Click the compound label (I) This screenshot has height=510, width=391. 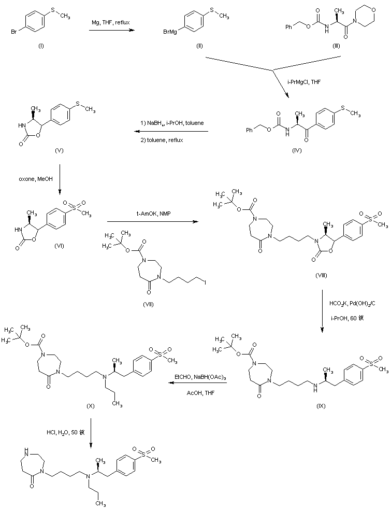tap(41, 46)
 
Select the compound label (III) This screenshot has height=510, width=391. tap(336, 46)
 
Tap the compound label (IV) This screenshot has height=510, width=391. tap(297, 150)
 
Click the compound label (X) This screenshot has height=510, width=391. tap(90, 405)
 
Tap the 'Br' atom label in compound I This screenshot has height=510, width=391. tap(15, 32)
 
